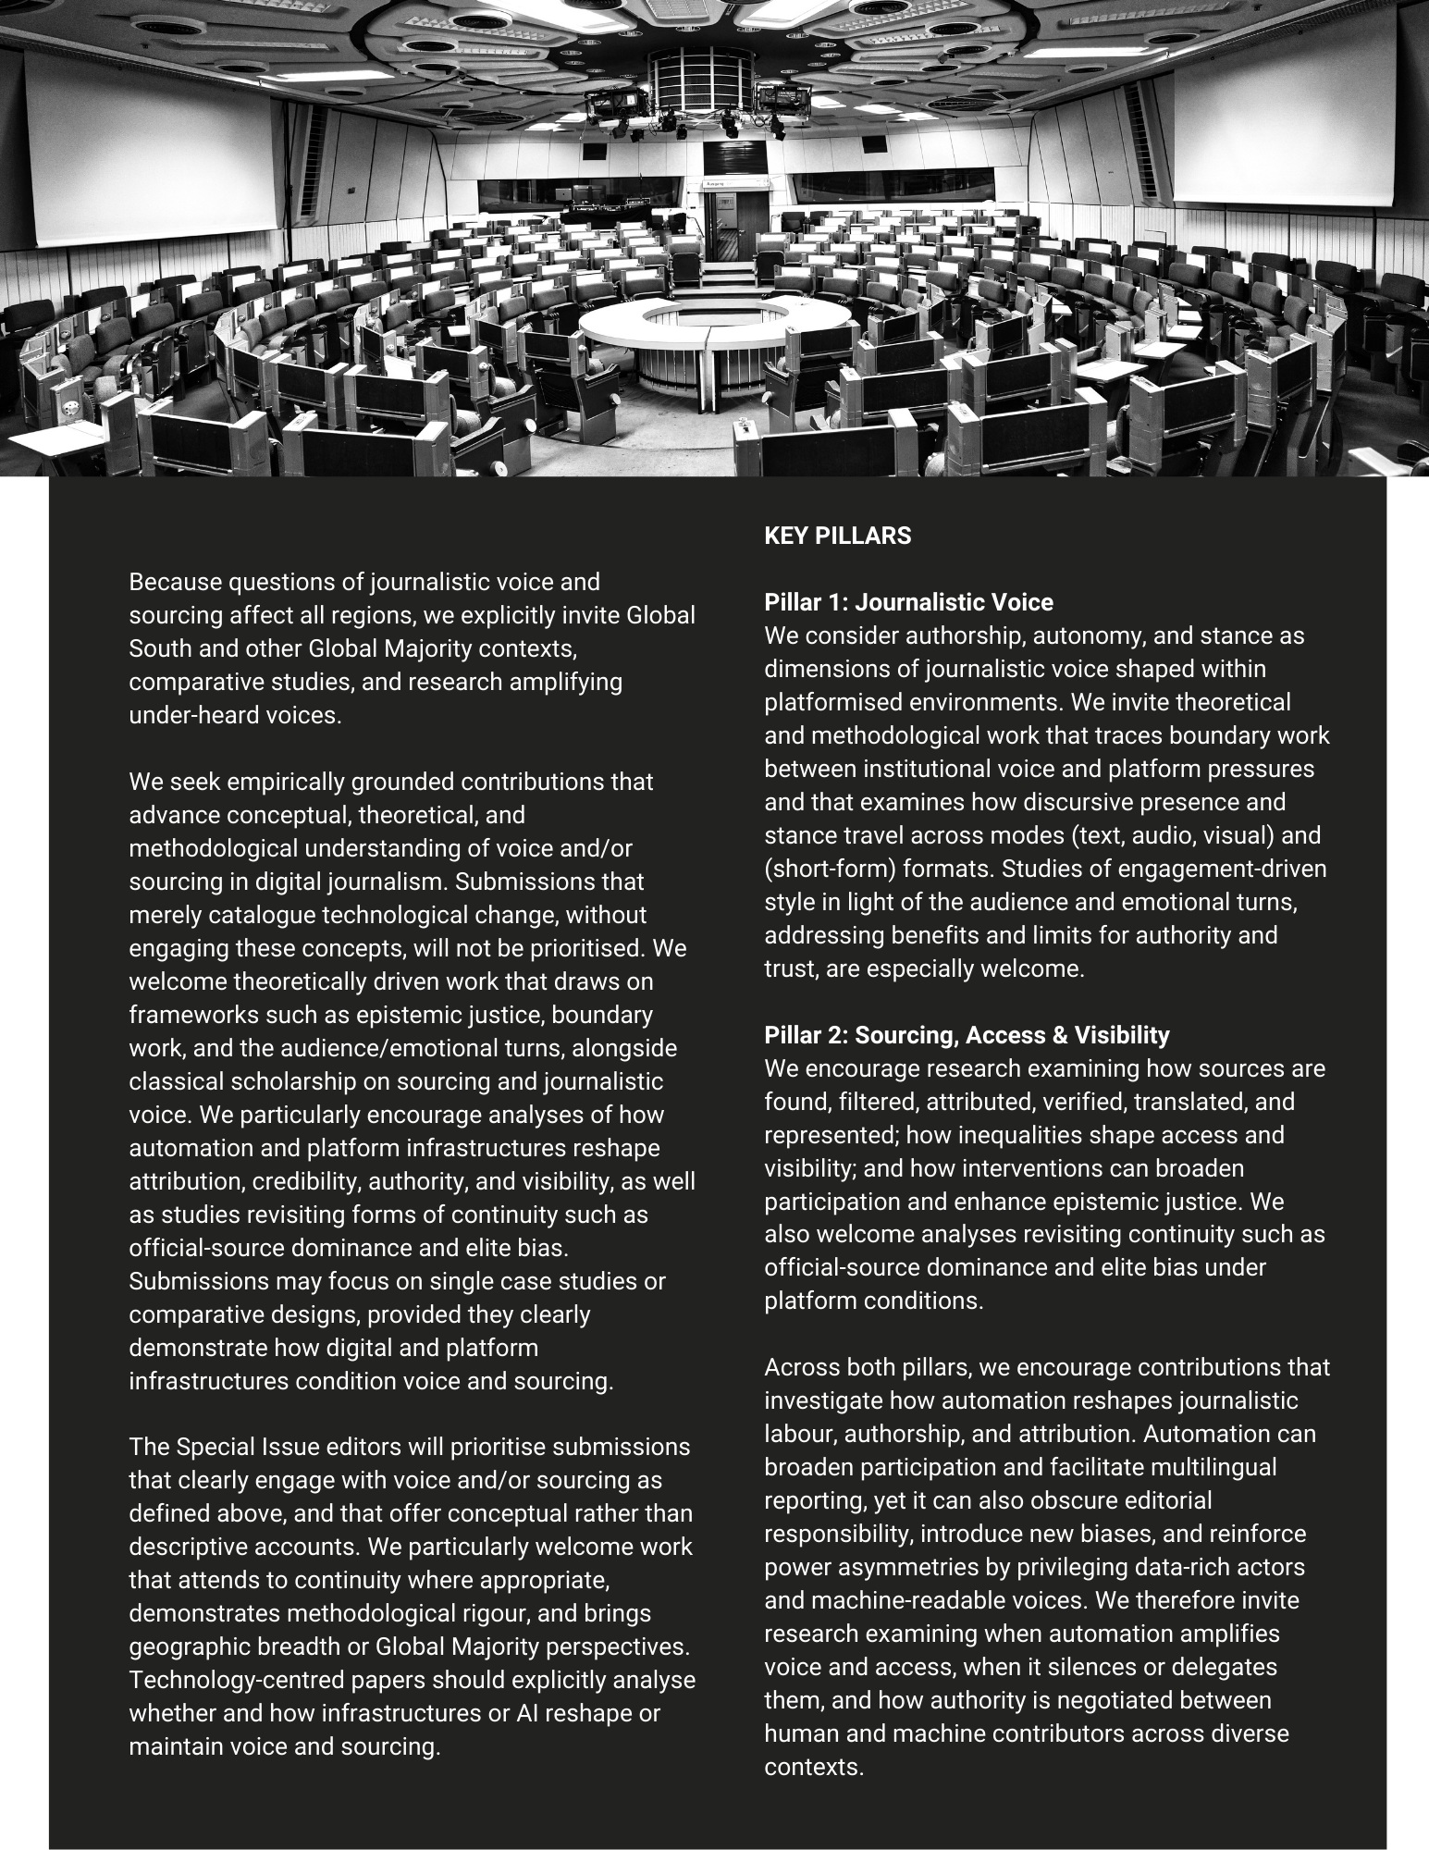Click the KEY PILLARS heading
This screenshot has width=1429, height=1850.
837,536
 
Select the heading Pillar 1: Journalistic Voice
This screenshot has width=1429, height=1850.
908,602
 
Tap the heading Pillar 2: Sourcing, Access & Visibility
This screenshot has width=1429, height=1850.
967,1035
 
